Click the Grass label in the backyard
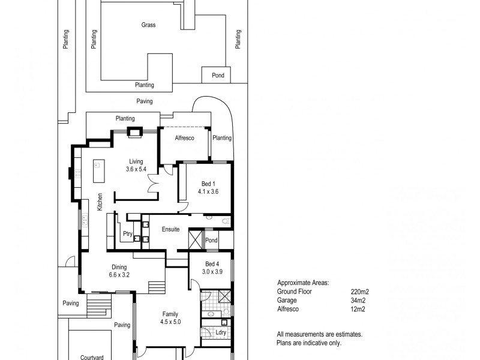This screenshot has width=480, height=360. point(148,25)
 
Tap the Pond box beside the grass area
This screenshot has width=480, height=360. point(217,76)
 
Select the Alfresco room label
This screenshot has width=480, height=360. point(184,138)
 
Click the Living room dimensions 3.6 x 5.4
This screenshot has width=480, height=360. point(136,170)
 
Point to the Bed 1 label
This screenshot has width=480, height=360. point(207,184)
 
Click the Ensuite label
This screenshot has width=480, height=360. point(170,230)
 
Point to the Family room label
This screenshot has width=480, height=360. point(170,314)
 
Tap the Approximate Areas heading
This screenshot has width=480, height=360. point(303,282)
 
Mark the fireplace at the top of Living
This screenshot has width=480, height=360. point(136,133)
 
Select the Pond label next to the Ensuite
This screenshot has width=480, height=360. point(211,241)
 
